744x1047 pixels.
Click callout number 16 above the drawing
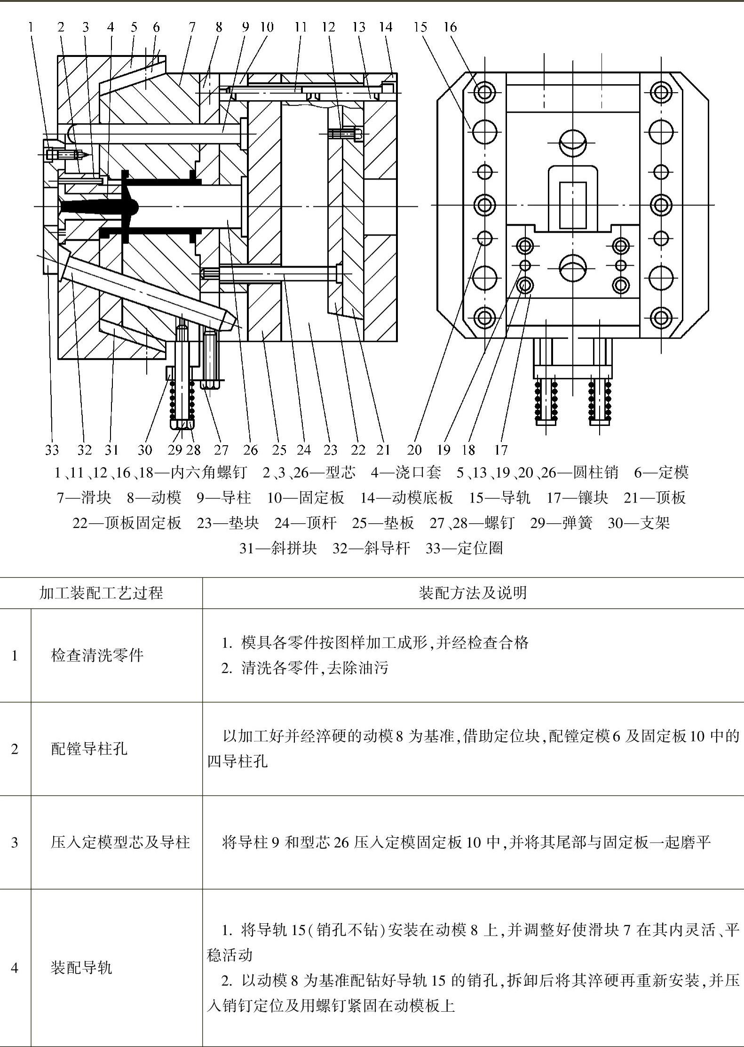[450, 27]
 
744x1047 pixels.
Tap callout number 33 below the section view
[52, 450]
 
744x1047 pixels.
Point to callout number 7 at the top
[192, 27]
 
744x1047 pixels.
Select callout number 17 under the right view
[501, 450]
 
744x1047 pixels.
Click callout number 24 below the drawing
[304, 450]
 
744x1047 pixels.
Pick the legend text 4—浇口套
[406, 472]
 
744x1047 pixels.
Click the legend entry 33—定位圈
[464, 548]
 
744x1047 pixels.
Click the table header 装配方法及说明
[473, 593]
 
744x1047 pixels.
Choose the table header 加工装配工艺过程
[101, 593]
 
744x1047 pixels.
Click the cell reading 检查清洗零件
[97, 655]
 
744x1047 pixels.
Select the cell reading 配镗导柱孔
[89, 748]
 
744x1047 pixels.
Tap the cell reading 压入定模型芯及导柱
[120, 842]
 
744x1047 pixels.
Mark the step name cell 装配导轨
[81, 968]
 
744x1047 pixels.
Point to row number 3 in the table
[15, 842]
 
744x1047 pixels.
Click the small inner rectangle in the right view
[573, 205]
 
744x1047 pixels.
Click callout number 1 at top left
[31, 27]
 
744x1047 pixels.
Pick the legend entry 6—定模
[661, 472]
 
